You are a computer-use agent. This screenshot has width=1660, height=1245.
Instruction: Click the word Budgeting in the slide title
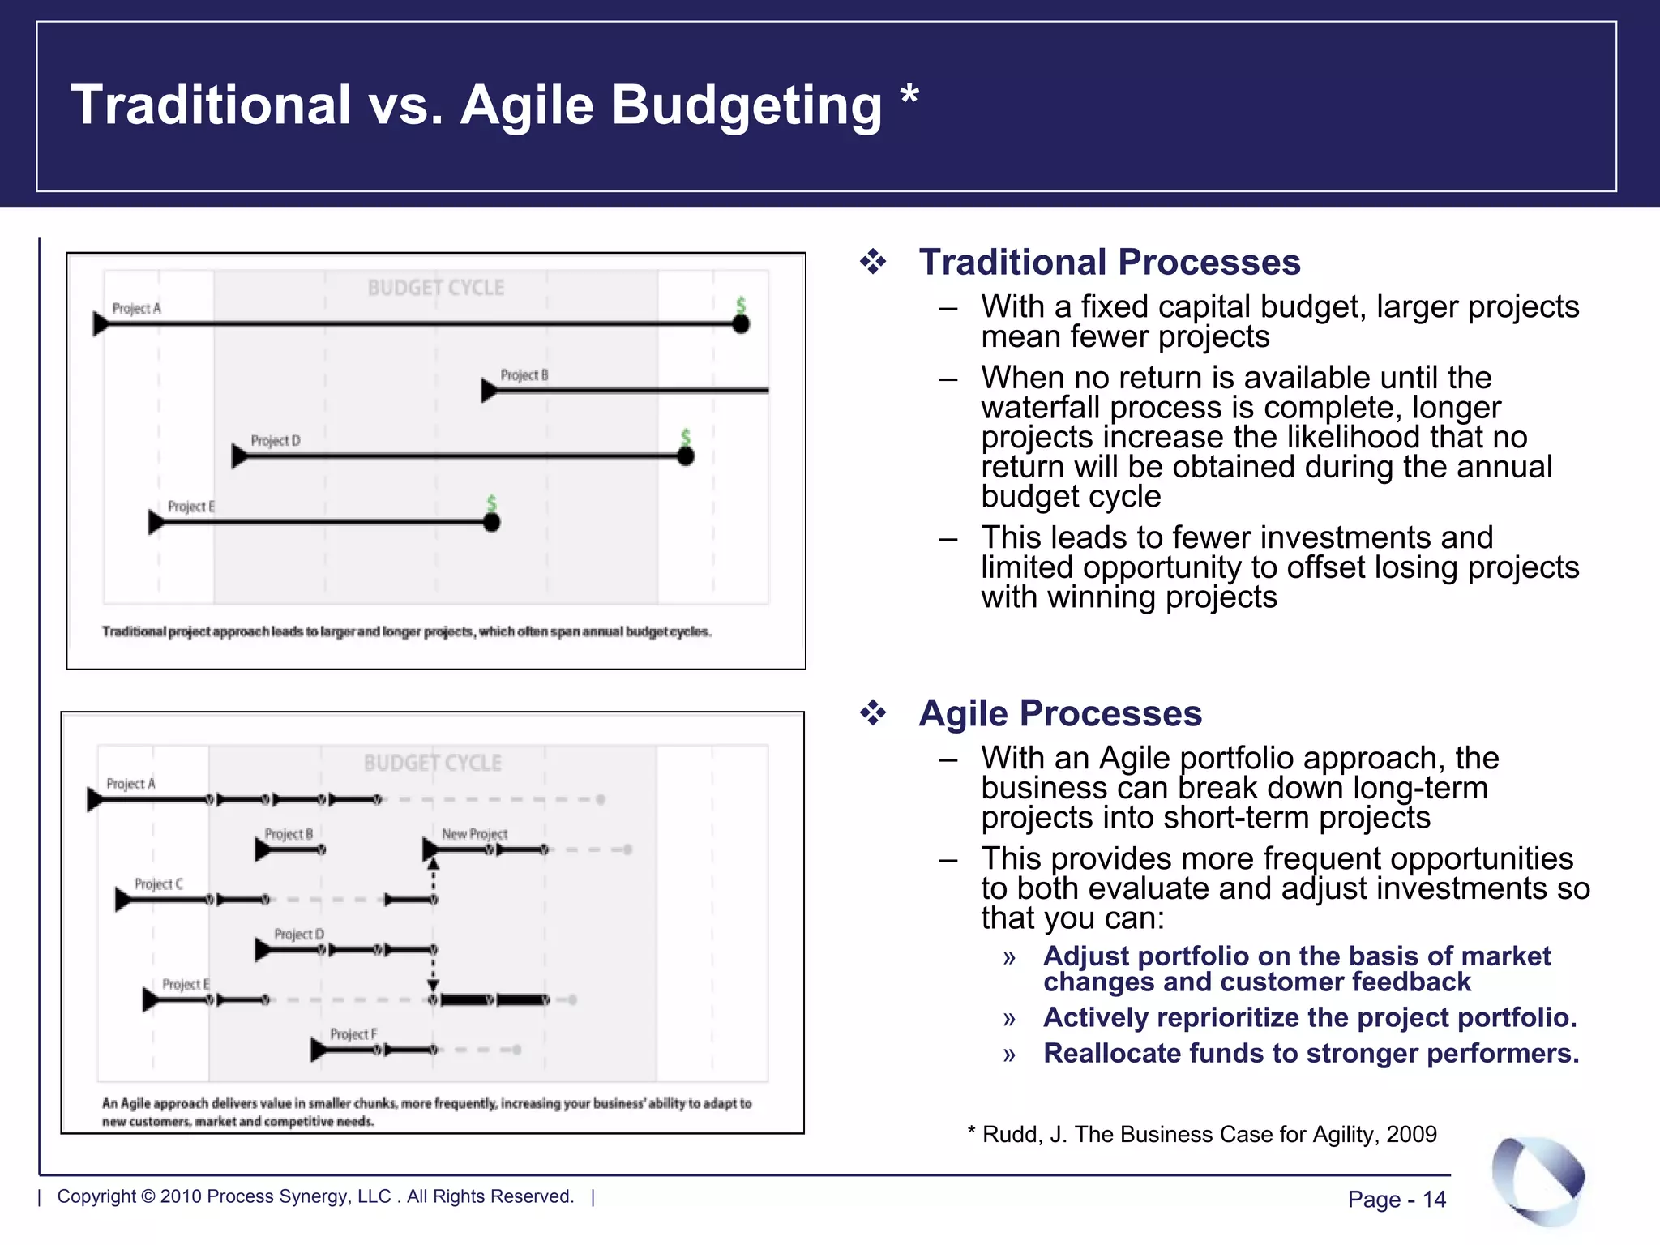(746, 106)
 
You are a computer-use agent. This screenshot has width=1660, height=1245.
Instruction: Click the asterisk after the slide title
(909, 96)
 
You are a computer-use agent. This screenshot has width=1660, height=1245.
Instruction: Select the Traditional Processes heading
(1109, 263)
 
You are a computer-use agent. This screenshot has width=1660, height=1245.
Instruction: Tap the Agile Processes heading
(1059, 713)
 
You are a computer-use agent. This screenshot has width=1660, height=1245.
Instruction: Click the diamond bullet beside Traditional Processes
(873, 262)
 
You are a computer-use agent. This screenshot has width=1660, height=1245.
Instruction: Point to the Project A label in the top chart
(136, 308)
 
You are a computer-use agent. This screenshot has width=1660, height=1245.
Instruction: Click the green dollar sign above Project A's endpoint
(740, 305)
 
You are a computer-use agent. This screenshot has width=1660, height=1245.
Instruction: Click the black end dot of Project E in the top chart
(491, 523)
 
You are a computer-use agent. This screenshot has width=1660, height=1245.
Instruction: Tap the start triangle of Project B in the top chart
(488, 391)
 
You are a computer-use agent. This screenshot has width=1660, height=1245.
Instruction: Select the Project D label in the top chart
(275, 440)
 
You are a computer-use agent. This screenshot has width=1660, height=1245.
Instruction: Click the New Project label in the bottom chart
(474, 834)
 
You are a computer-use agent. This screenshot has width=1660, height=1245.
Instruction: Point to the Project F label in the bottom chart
(353, 1034)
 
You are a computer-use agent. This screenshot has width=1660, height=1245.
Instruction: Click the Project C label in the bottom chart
(158, 883)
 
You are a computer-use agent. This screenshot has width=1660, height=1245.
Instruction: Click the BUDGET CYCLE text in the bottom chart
(432, 763)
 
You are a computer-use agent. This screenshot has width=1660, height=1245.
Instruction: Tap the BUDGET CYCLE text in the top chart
(435, 288)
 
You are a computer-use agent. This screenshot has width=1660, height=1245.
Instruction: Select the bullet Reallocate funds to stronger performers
(1311, 1053)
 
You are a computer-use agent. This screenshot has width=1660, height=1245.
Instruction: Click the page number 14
(1434, 1199)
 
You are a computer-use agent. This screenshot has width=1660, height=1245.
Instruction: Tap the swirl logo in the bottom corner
(1538, 1179)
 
